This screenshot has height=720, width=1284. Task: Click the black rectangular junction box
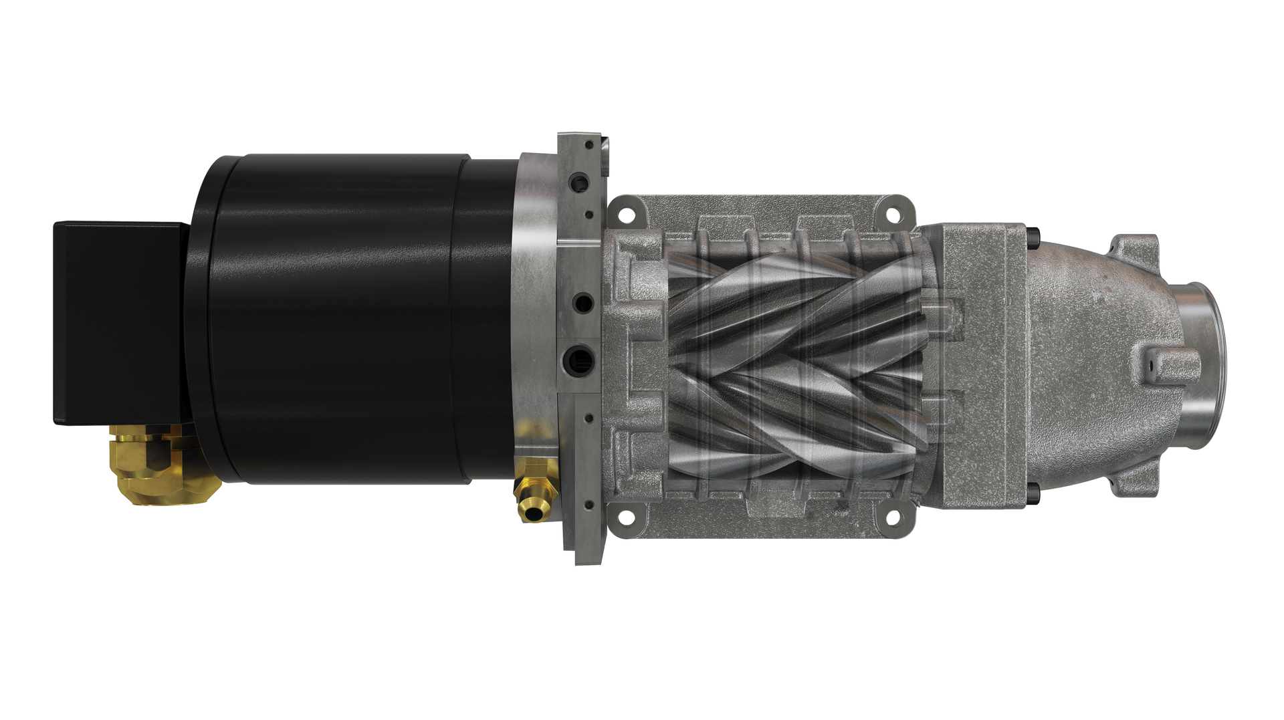click(x=117, y=323)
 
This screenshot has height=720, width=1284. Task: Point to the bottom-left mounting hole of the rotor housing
click(x=627, y=517)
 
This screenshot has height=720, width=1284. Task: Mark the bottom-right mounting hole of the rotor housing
click(x=892, y=517)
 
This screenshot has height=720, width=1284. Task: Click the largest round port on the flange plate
click(x=579, y=356)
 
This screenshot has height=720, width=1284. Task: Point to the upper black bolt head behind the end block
click(x=1035, y=235)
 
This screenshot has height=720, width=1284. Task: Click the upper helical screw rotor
click(x=796, y=301)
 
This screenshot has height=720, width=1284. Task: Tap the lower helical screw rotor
click(x=796, y=421)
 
